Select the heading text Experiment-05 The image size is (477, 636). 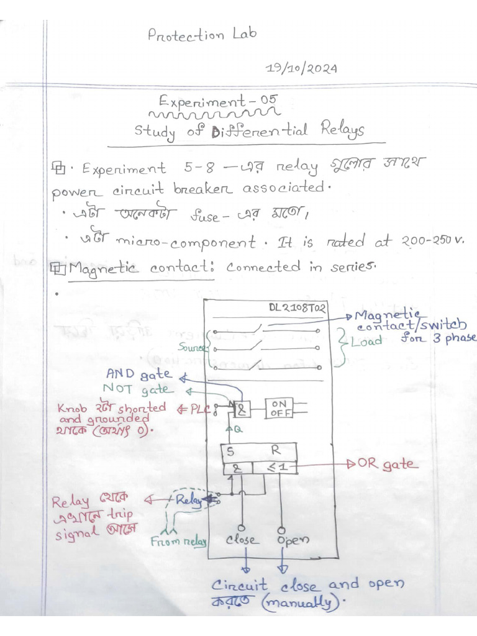pos(217,100)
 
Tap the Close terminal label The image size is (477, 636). pos(243,540)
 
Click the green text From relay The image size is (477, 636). pos(179,541)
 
